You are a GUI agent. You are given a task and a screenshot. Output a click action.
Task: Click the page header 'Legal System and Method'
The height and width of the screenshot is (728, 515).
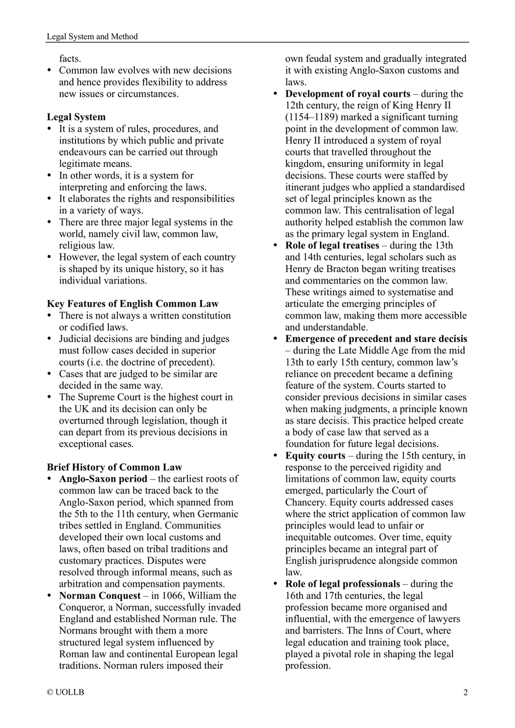pos(92,37)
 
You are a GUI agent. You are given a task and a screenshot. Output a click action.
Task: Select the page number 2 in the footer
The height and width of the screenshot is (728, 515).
pos(466,692)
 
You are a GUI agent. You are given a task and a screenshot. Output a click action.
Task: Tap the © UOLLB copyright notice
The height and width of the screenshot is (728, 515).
pos(66,692)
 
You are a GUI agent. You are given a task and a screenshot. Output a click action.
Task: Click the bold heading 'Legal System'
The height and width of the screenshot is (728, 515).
pos(76,117)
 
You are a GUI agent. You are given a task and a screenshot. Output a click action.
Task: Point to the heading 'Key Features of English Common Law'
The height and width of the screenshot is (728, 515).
pos(133,304)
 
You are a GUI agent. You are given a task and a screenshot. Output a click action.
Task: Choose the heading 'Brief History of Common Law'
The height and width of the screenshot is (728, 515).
pos(114,467)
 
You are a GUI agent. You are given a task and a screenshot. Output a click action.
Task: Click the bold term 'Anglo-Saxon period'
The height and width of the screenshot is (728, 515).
pos(103,479)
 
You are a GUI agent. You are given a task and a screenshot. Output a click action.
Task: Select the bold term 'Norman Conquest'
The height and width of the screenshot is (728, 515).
pos(100,596)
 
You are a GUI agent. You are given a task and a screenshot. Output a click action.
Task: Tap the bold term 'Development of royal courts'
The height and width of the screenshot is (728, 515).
pos(347,94)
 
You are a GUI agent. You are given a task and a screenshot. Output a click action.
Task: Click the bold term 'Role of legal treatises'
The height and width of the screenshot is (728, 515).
pos(332,245)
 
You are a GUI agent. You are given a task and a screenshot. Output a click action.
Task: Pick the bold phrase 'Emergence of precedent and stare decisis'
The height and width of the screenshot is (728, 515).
pos(376,339)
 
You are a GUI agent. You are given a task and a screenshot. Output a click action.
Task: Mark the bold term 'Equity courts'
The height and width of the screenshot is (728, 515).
pos(315,455)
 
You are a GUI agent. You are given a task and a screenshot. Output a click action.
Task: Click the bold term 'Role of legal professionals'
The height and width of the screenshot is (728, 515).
pos(342,583)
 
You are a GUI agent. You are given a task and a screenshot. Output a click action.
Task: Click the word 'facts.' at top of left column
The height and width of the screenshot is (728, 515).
pos(70,59)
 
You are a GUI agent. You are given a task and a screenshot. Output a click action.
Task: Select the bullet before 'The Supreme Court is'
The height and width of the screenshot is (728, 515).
pos(50,397)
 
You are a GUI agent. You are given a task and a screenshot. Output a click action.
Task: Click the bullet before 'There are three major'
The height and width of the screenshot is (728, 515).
pos(50,222)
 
